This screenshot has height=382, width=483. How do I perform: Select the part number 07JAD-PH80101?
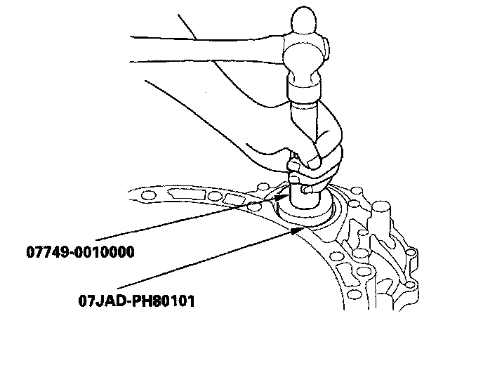137,301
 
